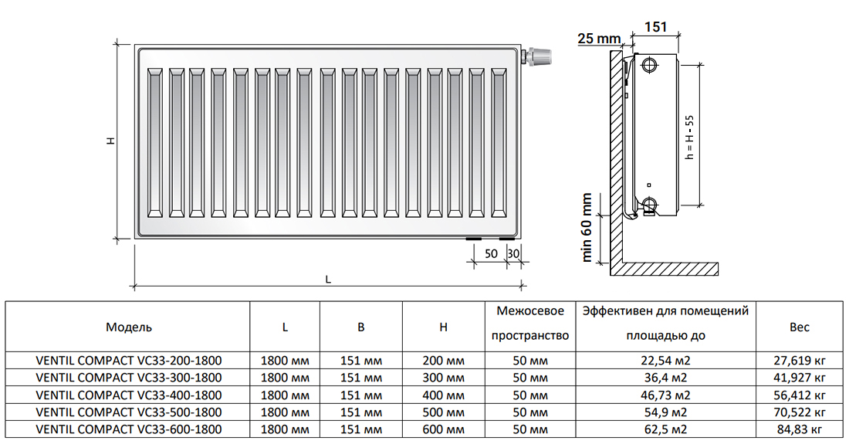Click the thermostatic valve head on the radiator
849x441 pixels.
tap(537, 56)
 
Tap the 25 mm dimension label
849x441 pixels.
tap(599, 38)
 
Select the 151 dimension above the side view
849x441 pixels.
tap(655, 27)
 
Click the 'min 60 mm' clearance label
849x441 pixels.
tap(588, 228)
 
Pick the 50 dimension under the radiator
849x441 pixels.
tap(491, 253)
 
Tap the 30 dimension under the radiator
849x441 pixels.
tap(514, 253)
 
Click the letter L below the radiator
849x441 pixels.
tap(328, 280)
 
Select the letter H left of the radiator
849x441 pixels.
tap(111, 141)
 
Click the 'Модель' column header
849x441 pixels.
tap(129, 327)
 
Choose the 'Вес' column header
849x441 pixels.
tap(800, 327)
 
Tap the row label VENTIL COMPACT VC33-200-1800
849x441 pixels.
tap(129, 360)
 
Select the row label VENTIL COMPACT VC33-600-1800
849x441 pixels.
tap(129, 429)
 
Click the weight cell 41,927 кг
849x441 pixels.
tap(800, 378)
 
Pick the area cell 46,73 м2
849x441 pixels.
tap(666, 395)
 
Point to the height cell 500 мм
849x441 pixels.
tap(443, 412)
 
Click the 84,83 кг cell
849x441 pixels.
tap(800, 429)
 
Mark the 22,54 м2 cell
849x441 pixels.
tap(666, 360)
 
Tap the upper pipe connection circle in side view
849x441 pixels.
tap(648, 63)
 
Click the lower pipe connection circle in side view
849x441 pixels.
tap(649, 205)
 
